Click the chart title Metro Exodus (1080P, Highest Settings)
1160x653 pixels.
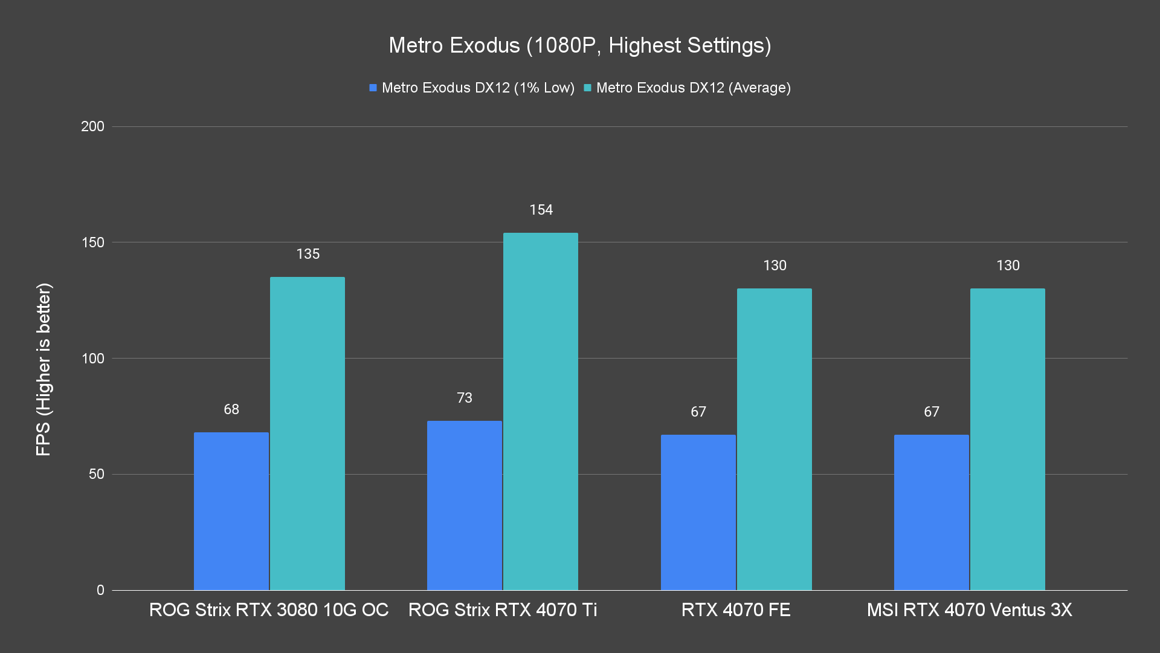pos(579,45)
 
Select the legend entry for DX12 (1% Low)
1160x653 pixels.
pos(471,88)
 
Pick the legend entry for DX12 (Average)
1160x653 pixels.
pos(687,88)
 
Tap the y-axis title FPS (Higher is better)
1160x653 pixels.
pos(43,369)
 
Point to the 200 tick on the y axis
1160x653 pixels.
pos(92,126)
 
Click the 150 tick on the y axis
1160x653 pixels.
pos(92,242)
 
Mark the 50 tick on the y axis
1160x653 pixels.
pos(96,474)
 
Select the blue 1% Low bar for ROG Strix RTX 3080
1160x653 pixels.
pos(231,511)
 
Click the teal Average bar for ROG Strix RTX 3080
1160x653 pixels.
pos(307,434)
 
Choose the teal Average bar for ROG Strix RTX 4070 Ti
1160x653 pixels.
pos(540,411)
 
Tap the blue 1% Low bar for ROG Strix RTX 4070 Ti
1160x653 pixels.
pos(464,505)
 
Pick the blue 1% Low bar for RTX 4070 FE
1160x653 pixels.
pos(698,512)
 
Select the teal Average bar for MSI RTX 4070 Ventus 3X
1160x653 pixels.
pos(1007,439)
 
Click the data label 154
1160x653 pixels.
pos(541,210)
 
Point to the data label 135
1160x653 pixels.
pos(308,254)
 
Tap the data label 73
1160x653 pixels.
pos(464,398)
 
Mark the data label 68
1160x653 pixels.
pos(231,409)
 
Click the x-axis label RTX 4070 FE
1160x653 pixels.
pos(735,609)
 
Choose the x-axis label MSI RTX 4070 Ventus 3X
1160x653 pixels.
pos(969,609)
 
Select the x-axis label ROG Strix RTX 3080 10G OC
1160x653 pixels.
pos(269,609)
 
